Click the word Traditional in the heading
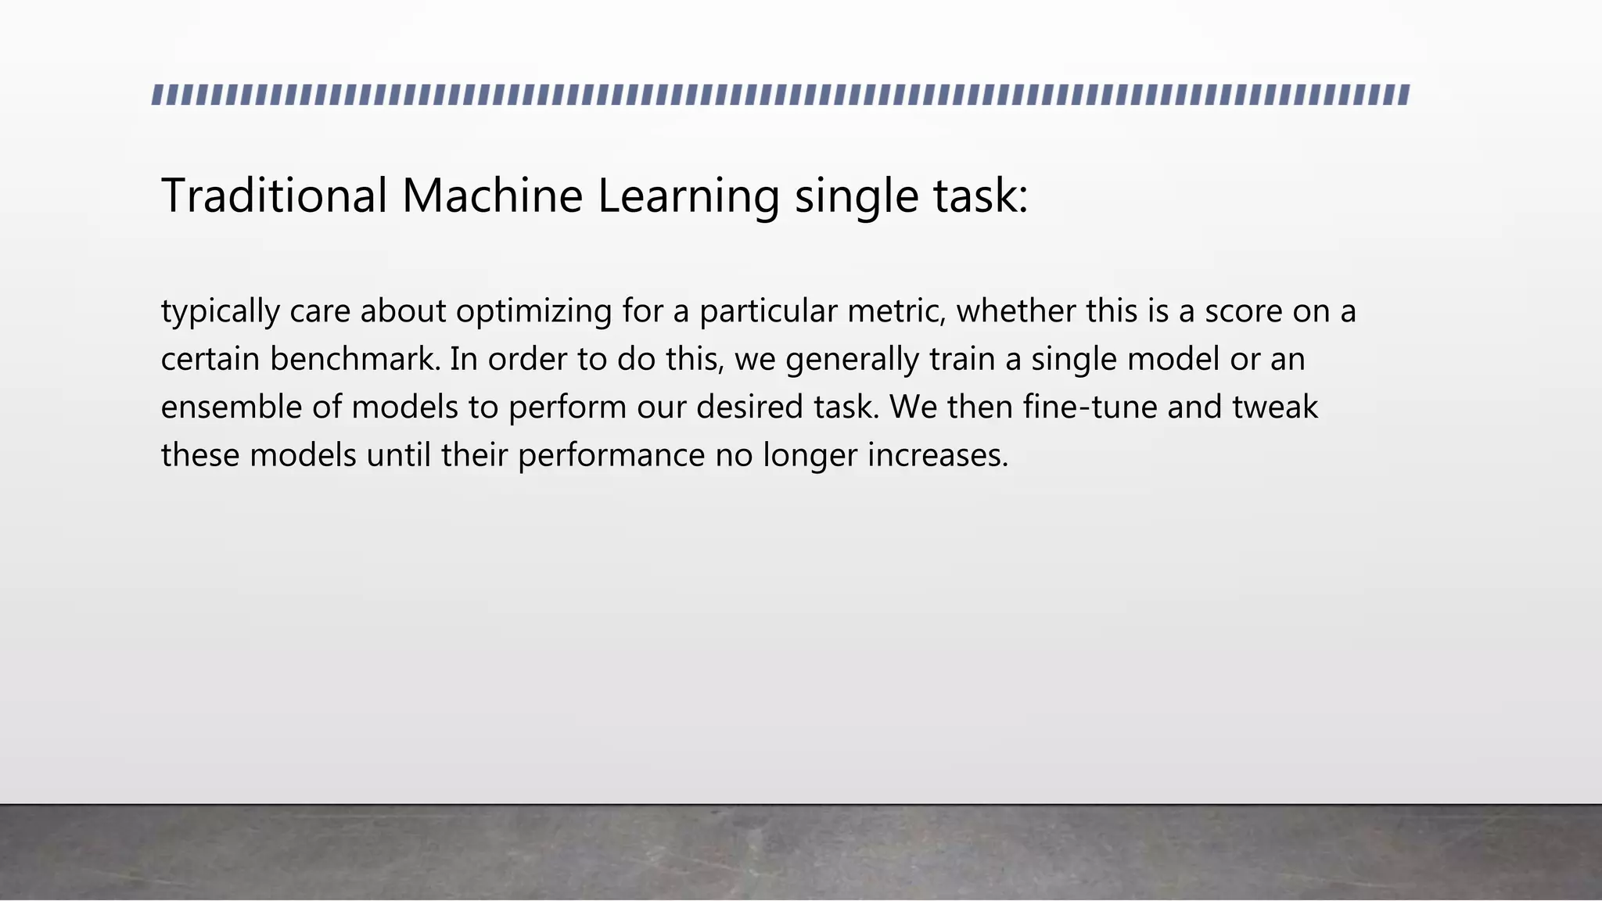coord(274,196)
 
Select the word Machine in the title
coord(492,196)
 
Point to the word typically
coord(220,313)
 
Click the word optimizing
coord(533,313)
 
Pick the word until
coord(398,455)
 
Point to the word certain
coord(210,360)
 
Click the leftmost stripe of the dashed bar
coord(157,95)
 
